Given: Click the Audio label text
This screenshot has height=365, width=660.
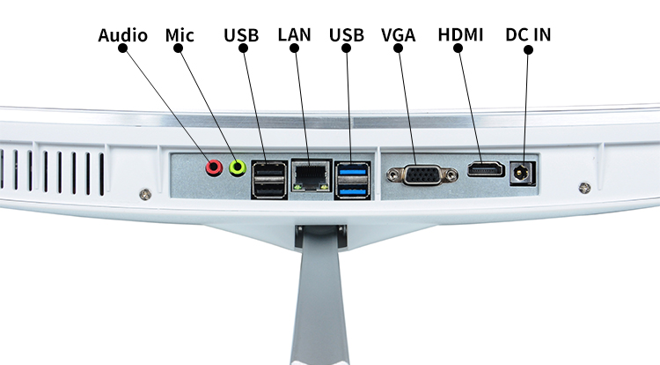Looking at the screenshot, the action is pos(123,35).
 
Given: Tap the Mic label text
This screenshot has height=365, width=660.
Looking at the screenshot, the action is pos(180,35).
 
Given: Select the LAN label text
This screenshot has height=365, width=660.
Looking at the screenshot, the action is pos(294,34).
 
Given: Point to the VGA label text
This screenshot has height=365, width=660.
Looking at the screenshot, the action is pos(398,35).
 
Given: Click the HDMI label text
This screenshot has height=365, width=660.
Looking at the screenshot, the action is pos(460,34).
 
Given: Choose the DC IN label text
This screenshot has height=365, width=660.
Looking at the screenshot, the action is pos(528,34).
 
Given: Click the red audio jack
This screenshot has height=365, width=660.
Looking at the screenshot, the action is pos(214,168).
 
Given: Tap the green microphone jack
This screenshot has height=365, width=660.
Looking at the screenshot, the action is pos(238,168).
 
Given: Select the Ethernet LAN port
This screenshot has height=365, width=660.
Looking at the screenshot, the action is pos(311,175).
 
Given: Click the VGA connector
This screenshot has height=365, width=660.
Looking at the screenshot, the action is pos(422,175).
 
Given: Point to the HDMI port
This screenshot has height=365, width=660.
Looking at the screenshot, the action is pos(486,169).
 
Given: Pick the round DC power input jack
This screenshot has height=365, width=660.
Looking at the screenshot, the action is pos(521,173).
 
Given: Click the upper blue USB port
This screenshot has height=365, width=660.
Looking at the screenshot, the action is pos(353,172).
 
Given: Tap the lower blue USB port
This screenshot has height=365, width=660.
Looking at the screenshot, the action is pos(353,190).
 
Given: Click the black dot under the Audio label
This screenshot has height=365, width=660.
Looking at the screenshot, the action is pos(122,48).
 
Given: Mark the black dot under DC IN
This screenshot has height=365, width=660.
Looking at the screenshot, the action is pos(529,49).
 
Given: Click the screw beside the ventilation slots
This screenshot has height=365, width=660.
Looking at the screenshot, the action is pos(145,194).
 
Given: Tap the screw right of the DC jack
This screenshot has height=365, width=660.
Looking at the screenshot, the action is pos(584,188).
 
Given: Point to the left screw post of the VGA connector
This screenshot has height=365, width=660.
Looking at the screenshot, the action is pos(393,174).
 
